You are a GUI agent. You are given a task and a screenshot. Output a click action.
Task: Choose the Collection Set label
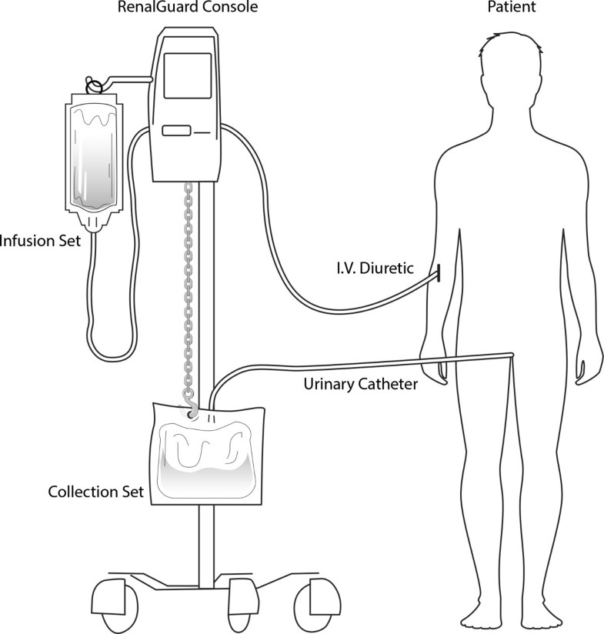tap(95, 491)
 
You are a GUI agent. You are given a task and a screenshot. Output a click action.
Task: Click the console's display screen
tap(188, 75)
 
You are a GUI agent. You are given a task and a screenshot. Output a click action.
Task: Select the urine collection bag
tap(204, 454)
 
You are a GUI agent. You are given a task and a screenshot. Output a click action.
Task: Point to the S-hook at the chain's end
tap(189, 405)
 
